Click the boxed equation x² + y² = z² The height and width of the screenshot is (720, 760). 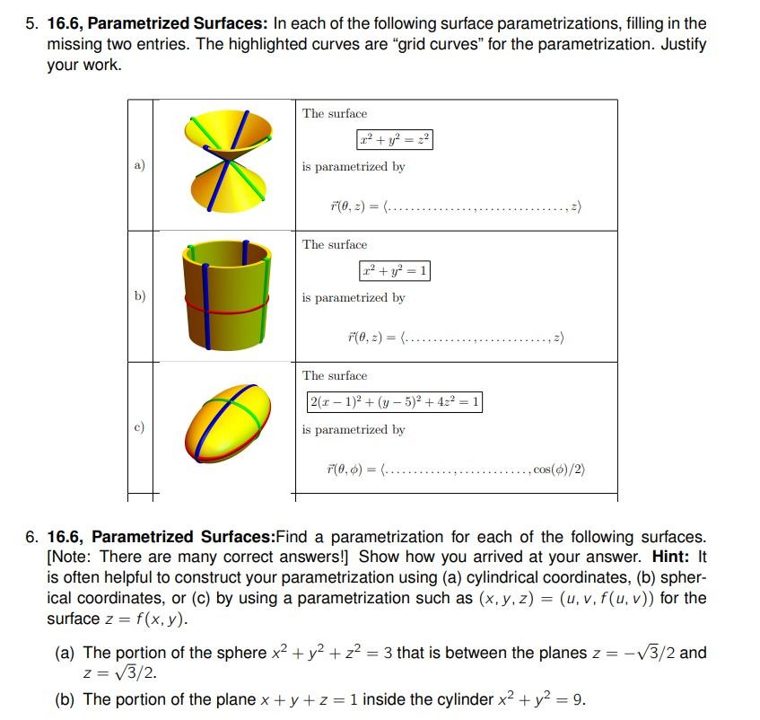tap(394, 140)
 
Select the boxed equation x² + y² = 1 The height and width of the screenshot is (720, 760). tap(394, 270)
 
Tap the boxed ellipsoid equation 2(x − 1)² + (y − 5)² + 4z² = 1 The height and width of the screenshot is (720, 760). tap(394, 402)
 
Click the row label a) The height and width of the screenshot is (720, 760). tap(139, 165)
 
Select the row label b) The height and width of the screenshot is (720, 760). tap(139, 295)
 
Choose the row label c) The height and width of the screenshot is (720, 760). tap(139, 427)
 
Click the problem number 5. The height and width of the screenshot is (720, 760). tap(31, 23)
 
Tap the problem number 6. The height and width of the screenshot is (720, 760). tap(31, 537)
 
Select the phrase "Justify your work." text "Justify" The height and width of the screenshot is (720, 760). tap(679, 44)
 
